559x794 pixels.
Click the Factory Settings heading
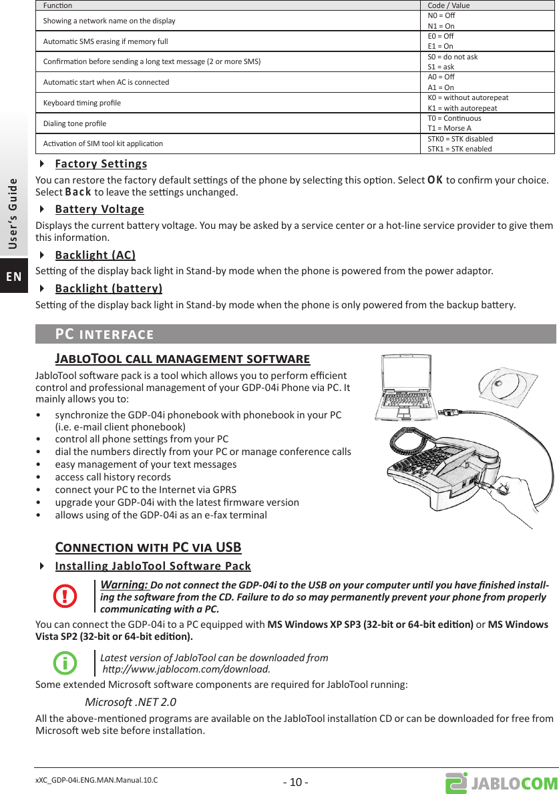pyautogui.click(x=101, y=164)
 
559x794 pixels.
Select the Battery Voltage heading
pyautogui.click(x=100, y=210)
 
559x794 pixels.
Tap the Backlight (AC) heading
pyautogui.click(x=95, y=255)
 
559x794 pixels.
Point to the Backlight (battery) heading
pyautogui.click(x=108, y=289)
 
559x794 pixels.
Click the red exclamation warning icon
pyautogui.click(x=65, y=596)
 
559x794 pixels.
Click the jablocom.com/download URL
pyautogui.click(x=186, y=669)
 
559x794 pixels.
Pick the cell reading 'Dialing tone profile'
pyautogui.click(x=75, y=123)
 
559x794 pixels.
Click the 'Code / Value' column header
pyautogui.click(x=448, y=5)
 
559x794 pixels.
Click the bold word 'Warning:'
pyautogui.click(x=124, y=585)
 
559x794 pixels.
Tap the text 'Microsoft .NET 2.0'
pyautogui.click(x=131, y=702)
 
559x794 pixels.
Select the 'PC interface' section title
pyautogui.click(x=104, y=334)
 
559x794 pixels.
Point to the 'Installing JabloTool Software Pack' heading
pyautogui.click(x=153, y=566)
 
